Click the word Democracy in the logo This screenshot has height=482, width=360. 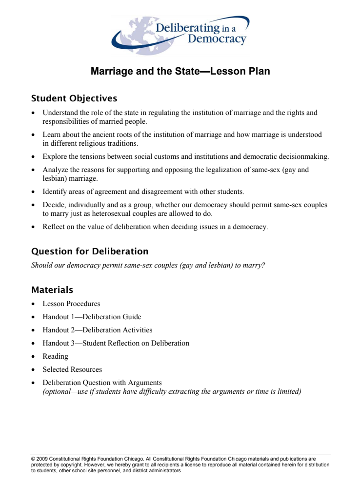(x=217, y=39)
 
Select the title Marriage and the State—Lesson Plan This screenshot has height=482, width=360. (x=180, y=72)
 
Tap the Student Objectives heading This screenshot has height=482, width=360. (x=74, y=98)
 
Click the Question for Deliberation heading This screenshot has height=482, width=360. (x=90, y=251)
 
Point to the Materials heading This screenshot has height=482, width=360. (x=52, y=290)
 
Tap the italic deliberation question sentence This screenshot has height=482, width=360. (x=148, y=266)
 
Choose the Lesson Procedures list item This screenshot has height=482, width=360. (x=71, y=304)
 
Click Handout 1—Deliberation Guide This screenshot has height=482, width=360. (x=92, y=317)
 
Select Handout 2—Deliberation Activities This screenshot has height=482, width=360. (x=97, y=330)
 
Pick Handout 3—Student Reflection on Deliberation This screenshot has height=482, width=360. (x=116, y=343)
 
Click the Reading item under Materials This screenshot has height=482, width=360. (x=55, y=356)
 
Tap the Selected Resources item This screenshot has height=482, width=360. (x=72, y=369)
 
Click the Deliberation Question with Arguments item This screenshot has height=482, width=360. (x=102, y=383)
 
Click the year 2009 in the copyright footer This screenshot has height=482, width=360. (x=41, y=459)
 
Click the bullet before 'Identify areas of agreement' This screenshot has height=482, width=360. (x=33, y=192)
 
